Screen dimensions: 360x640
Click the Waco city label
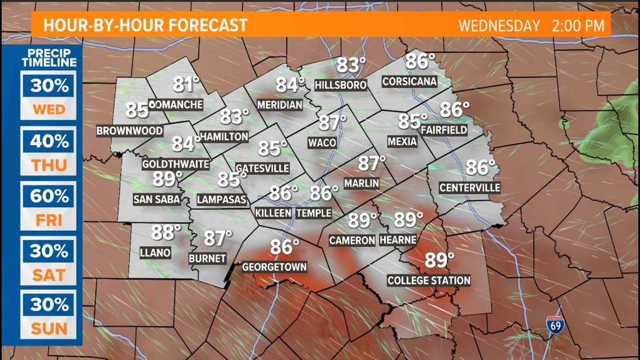322,143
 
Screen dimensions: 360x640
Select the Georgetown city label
274,267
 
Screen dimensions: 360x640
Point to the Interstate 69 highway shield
553,325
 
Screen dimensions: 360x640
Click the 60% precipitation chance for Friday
49,197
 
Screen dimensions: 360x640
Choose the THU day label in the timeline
49,165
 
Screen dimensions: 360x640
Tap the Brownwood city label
130,131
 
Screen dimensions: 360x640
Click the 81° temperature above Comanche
186,85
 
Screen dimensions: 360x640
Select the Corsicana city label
409,81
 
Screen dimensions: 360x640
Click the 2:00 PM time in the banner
578,26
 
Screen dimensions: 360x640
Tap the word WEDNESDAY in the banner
499,26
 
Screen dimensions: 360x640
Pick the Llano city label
156,253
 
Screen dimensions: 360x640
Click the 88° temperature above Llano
166,232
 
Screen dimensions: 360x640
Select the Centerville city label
469,188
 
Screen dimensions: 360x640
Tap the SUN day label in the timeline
49,329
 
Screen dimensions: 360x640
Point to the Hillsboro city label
341,85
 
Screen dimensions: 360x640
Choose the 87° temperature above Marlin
372,163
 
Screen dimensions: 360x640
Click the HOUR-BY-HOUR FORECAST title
145,25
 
